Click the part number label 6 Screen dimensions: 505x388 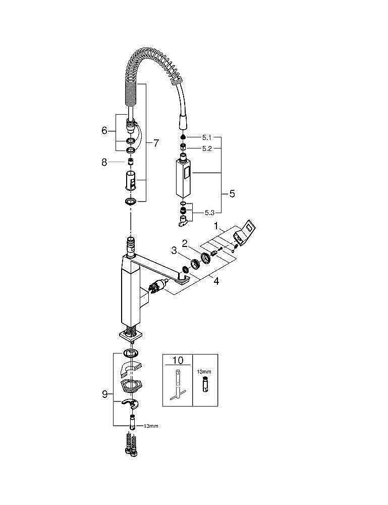tap(104, 130)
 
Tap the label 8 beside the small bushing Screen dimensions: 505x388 tap(104, 162)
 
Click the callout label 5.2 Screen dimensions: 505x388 tap(207, 148)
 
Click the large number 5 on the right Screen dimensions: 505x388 tap(232, 193)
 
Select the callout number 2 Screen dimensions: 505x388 tap(185, 243)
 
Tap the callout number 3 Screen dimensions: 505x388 tap(173, 250)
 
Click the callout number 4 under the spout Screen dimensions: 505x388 tap(216, 281)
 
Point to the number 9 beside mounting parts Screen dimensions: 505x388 tap(104, 394)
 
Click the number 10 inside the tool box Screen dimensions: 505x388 tap(178, 361)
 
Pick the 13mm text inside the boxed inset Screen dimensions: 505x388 tap(203, 371)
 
